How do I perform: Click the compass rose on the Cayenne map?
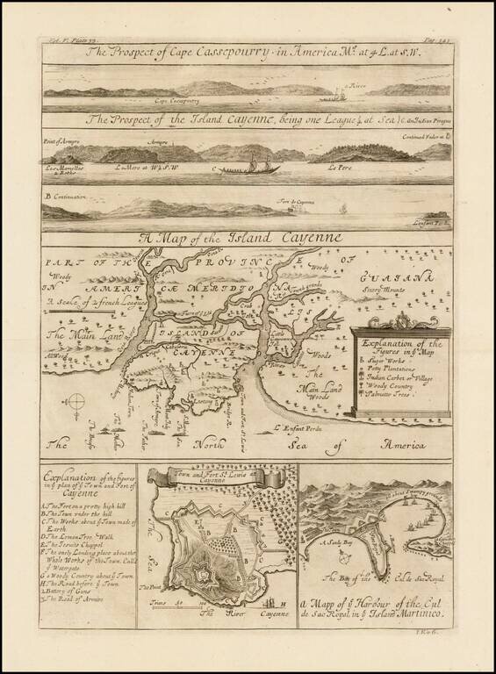click(x=76, y=402)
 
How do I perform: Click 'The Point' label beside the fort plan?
click(x=151, y=582)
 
